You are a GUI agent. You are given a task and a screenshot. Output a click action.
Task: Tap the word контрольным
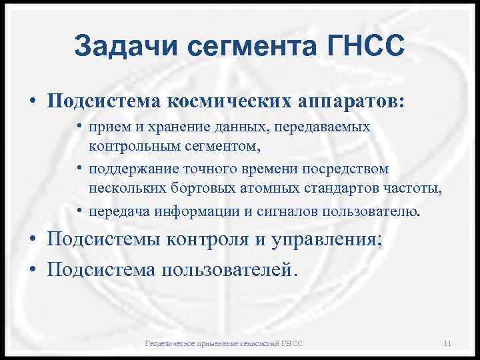[141, 143]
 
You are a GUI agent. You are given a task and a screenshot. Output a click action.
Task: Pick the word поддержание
[143, 169]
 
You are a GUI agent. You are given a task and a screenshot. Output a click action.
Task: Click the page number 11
[447, 343]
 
